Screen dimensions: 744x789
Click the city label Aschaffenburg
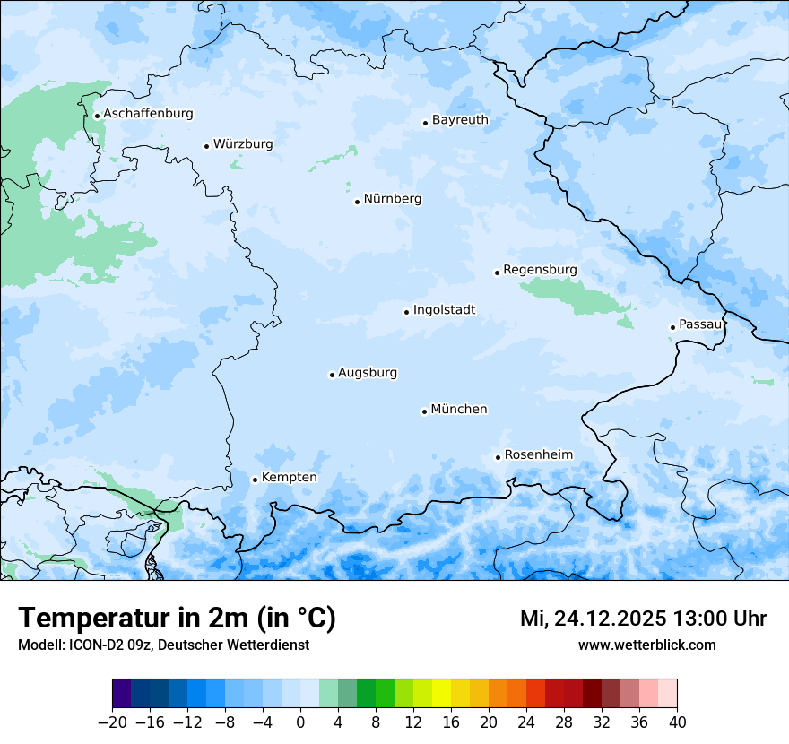click(x=148, y=114)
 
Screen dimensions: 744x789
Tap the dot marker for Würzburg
click(x=206, y=146)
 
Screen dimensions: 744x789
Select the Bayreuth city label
click(x=460, y=120)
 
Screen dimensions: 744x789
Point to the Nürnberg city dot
click(x=357, y=202)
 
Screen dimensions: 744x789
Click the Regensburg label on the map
click(x=540, y=270)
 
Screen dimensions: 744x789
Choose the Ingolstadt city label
click(x=444, y=310)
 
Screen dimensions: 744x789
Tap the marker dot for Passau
click(x=672, y=327)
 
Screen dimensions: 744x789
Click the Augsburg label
click(x=367, y=373)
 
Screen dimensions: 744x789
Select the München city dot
click(x=424, y=411)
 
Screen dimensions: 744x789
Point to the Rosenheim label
click(x=538, y=455)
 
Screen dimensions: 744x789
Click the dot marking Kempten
click(x=255, y=480)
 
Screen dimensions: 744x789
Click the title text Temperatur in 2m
click(x=177, y=618)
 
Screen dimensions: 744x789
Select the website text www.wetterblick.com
click(x=646, y=645)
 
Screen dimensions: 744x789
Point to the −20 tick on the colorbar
click(x=112, y=722)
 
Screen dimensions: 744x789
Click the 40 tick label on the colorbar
click(x=677, y=722)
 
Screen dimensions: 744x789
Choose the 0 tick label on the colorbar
click(x=300, y=722)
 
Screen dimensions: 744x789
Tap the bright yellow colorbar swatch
click(x=441, y=694)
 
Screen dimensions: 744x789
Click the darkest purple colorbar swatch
click(x=122, y=694)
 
